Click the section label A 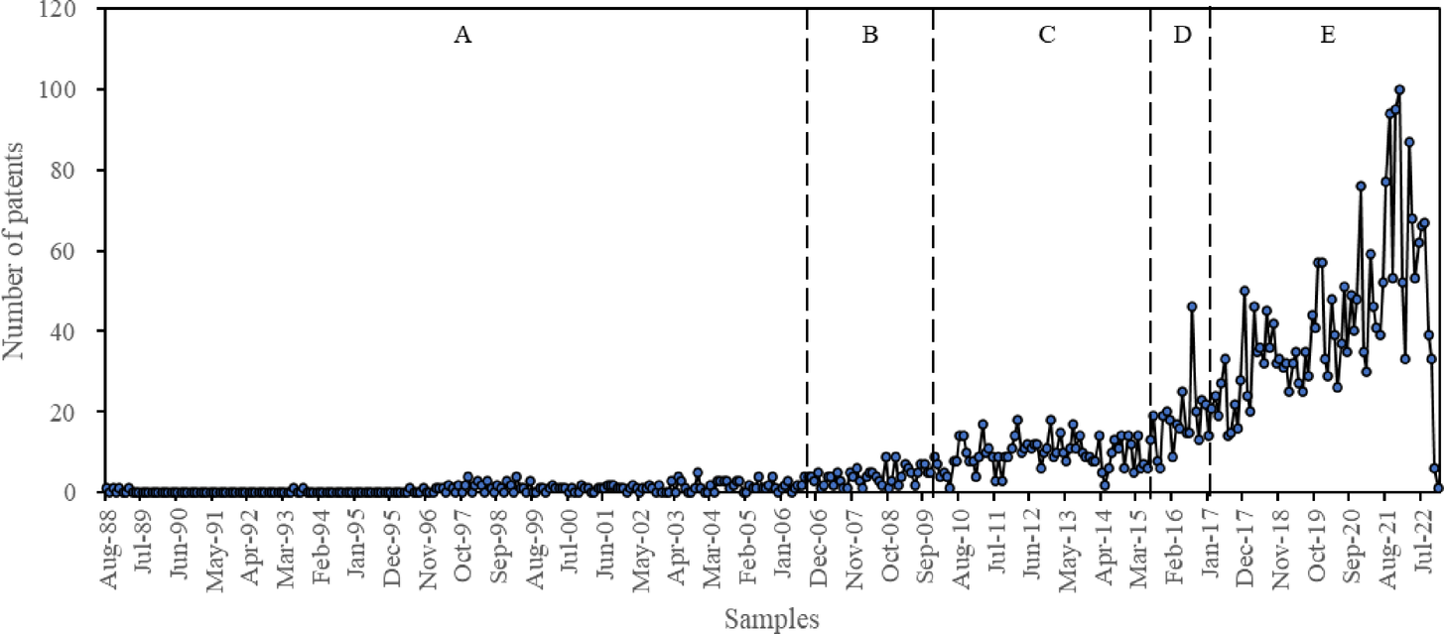pos(461,36)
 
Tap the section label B pos(869,36)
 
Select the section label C pos(1046,36)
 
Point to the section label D pos(1181,36)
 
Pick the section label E pos(1327,36)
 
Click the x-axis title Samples pos(772,619)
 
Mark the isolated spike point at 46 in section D pos(1191,307)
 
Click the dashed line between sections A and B pos(807,248)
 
